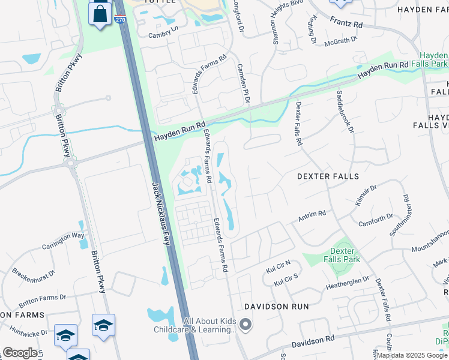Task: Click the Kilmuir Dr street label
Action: (364, 196)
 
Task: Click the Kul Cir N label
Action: (279, 266)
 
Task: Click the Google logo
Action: (19, 353)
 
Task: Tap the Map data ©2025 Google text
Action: (412, 355)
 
